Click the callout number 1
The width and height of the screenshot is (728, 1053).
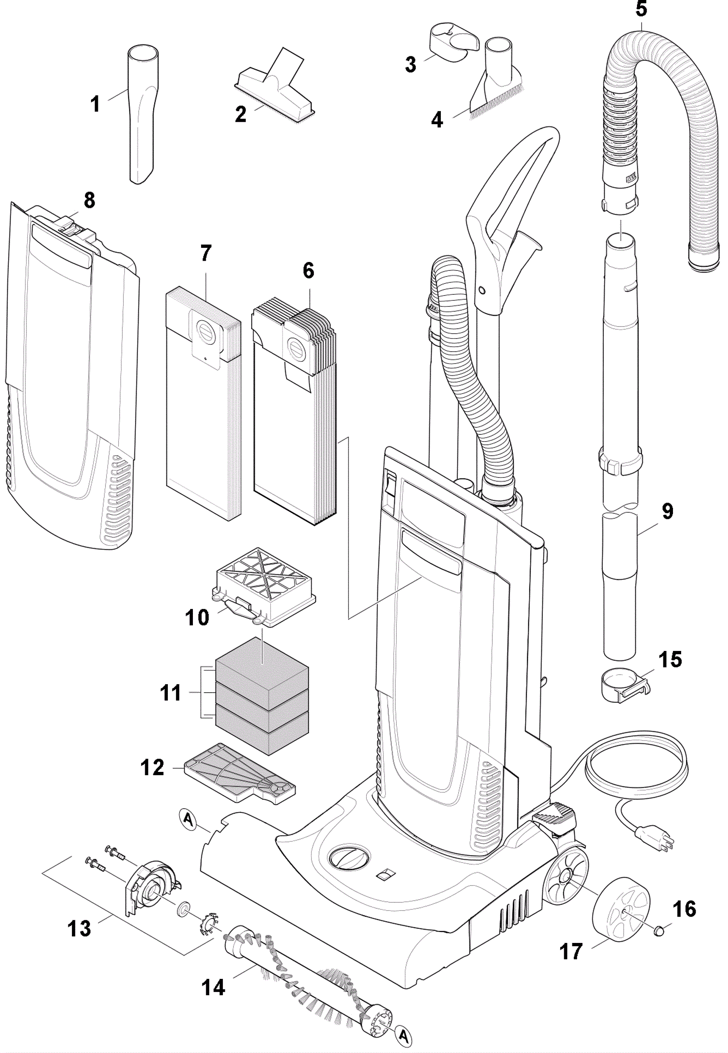(95, 104)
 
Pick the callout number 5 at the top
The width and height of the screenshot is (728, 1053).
(642, 9)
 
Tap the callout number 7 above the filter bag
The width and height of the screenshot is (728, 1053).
(206, 253)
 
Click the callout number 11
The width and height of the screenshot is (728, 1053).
(171, 693)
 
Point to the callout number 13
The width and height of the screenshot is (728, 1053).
(79, 928)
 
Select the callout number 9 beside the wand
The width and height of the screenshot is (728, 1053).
(667, 511)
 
